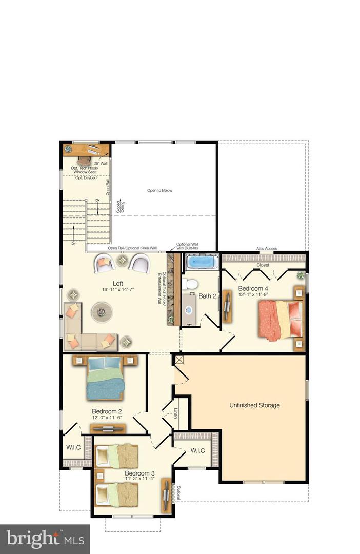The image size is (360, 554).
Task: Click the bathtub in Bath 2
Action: coord(201,262)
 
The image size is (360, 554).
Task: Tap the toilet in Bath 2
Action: coord(191,284)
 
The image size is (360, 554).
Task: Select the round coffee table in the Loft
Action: coord(102,311)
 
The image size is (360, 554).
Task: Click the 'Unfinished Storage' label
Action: coord(254,405)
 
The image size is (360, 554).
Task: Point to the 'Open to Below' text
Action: coord(160,190)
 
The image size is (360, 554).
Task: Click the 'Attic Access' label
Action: coord(267,249)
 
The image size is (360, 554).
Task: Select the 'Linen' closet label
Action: coord(175,413)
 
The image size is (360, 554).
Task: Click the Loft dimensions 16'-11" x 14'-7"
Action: coord(117,290)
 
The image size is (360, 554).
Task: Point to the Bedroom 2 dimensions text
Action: coord(107,418)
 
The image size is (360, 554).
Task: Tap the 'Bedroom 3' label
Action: coord(139,472)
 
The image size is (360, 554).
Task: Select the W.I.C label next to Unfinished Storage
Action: coord(197,451)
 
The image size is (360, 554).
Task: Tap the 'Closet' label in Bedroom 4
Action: coord(263,265)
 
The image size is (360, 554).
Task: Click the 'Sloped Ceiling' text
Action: coord(120,206)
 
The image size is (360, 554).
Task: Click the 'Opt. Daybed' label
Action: coord(86,177)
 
